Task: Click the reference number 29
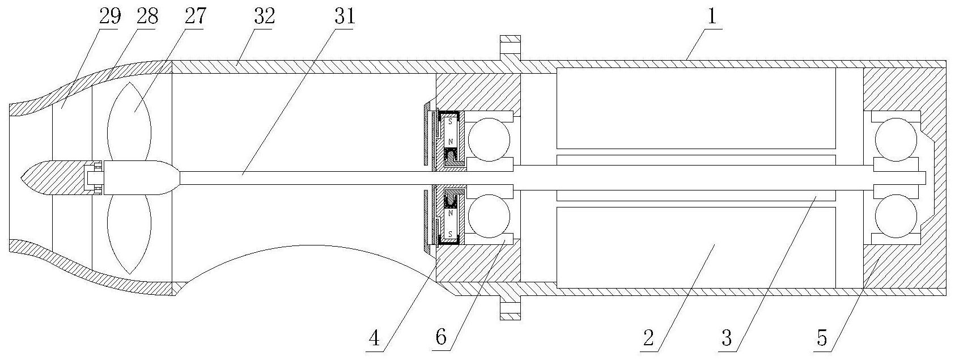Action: point(109,16)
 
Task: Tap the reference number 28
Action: point(147,16)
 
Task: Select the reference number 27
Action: point(195,16)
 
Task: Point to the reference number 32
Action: point(264,16)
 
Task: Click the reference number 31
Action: point(343,16)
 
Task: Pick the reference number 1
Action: point(711,16)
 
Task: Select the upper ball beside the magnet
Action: point(489,140)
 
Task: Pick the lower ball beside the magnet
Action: point(489,216)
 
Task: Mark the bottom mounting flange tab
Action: point(510,307)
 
